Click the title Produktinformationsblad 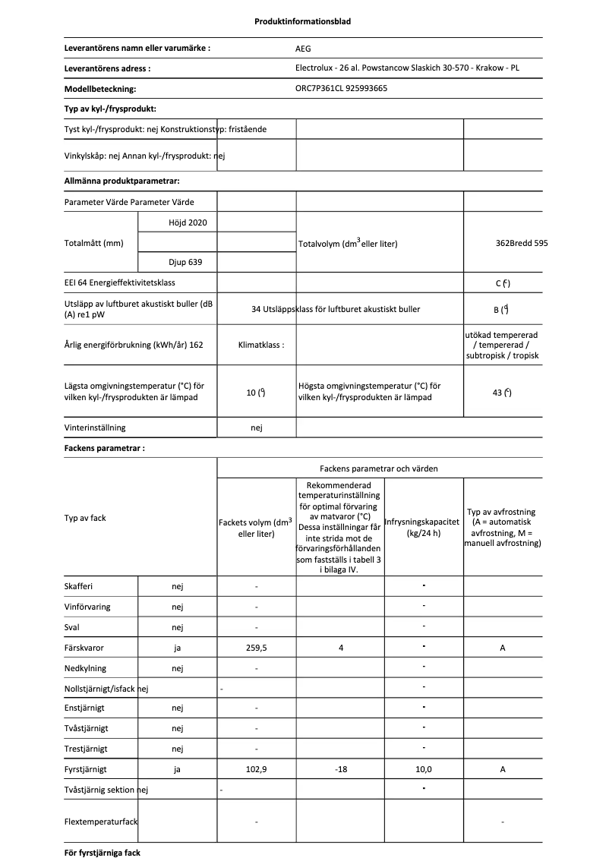click(x=302, y=21)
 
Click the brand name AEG click(x=303, y=48)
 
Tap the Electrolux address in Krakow click(x=407, y=68)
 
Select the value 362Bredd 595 click(x=521, y=243)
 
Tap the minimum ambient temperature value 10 click(x=256, y=393)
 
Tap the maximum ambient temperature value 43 click(x=501, y=393)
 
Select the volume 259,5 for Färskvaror click(x=256, y=648)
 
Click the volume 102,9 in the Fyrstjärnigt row click(x=256, y=769)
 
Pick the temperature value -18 click(x=340, y=769)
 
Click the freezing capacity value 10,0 click(x=423, y=769)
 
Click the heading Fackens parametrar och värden click(x=378, y=468)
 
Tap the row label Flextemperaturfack click(x=101, y=822)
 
